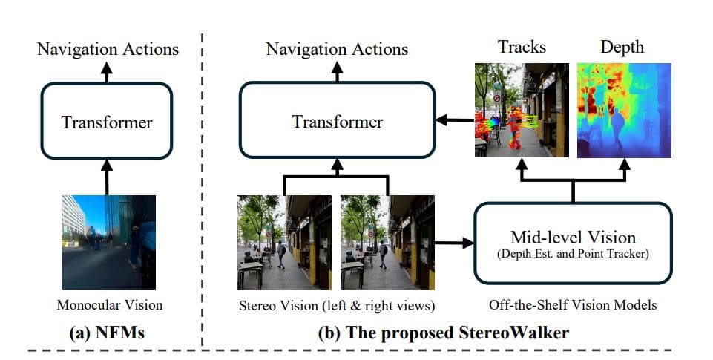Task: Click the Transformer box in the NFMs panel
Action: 107,120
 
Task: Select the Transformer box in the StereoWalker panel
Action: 337,120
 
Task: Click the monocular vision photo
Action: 108,242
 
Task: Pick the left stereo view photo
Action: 284,242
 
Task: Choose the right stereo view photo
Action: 387,242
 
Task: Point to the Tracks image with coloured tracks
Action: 521,110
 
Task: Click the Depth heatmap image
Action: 624,110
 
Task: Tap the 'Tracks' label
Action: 521,48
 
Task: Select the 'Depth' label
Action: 621,48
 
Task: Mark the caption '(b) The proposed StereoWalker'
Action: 443,333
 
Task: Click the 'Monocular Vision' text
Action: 109,304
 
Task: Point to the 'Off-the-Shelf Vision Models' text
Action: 573,304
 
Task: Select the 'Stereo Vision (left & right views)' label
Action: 336,304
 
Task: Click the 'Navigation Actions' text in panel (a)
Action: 108,50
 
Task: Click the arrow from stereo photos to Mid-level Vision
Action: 454,242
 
